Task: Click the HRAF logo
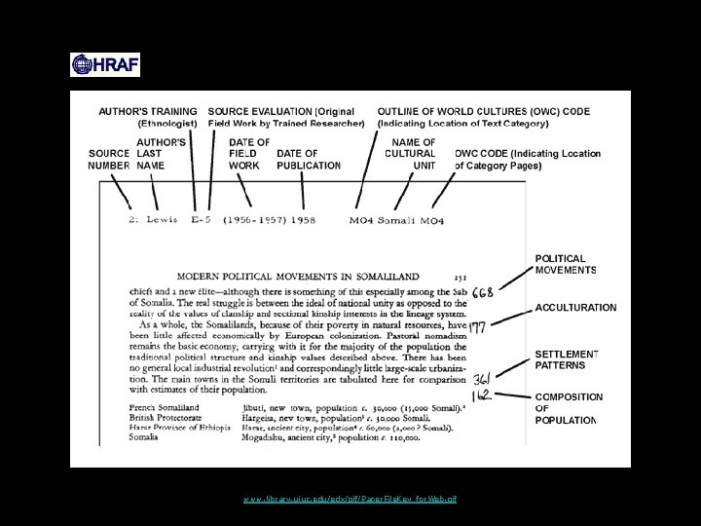coord(105,65)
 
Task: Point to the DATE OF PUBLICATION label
coord(304,160)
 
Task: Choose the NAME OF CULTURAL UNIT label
coord(411,154)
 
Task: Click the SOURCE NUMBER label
coord(109,160)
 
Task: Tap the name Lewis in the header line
coord(162,220)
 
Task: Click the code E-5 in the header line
coord(202,220)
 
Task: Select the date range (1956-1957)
coord(253,220)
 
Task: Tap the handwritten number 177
coord(478,327)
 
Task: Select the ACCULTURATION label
coord(575,308)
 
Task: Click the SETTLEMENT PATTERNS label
coord(567,359)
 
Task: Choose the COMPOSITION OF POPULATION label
coord(569,409)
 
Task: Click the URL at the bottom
coord(350,499)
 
